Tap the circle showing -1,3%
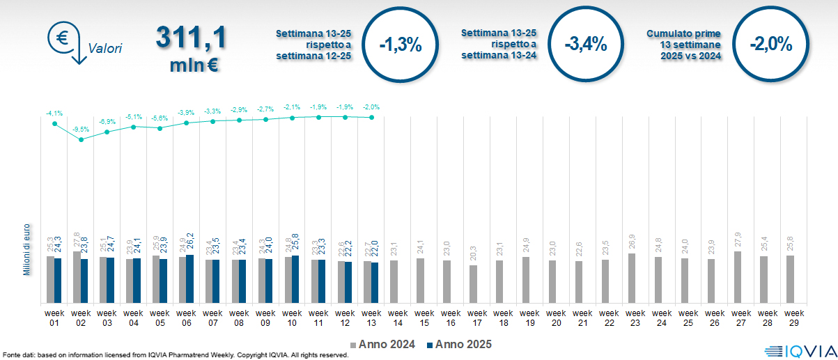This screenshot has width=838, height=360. point(401,45)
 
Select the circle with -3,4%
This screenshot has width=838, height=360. point(586,45)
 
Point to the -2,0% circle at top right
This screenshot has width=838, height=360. point(771,45)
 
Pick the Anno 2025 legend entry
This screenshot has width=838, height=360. point(459,345)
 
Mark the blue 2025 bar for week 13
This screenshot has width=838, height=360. point(375,283)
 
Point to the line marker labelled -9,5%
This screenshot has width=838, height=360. point(82,139)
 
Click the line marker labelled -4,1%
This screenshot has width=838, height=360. point(54,123)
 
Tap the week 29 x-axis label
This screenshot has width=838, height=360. point(791,318)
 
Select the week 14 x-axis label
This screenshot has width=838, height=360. point(394,318)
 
